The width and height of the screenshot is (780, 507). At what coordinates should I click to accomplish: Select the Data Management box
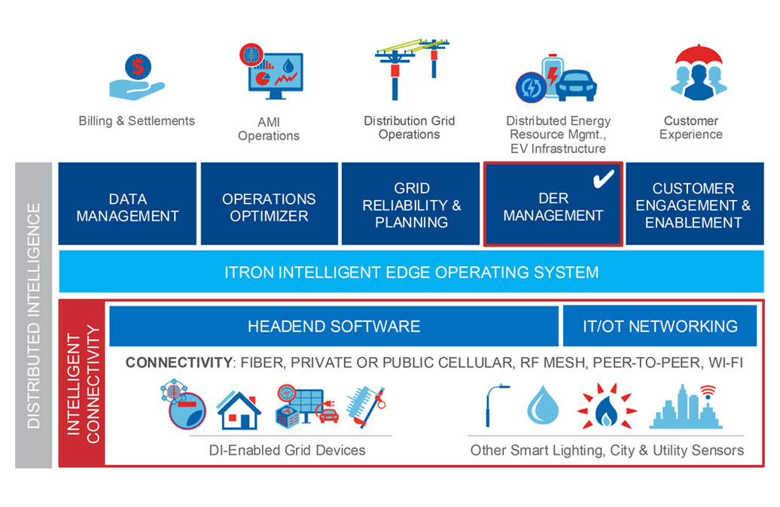click(127, 205)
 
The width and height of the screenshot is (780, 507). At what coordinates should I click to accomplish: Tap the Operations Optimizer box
click(269, 205)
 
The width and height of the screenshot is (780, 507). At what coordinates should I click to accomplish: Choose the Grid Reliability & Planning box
click(411, 205)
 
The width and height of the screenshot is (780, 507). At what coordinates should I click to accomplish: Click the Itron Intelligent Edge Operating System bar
click(411, 272)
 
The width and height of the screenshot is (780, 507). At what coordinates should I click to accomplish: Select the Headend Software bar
click(334, 326)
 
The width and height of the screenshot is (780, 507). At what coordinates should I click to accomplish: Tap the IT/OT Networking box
click(660, 326)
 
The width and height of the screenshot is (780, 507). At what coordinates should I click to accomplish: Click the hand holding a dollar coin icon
click(136, 78)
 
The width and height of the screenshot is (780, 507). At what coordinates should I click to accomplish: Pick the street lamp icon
click(496, 406)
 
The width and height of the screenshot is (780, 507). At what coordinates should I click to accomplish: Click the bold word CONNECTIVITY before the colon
click(178, 363)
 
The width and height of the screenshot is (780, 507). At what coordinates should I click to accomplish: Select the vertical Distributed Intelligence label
click(33, 315)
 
